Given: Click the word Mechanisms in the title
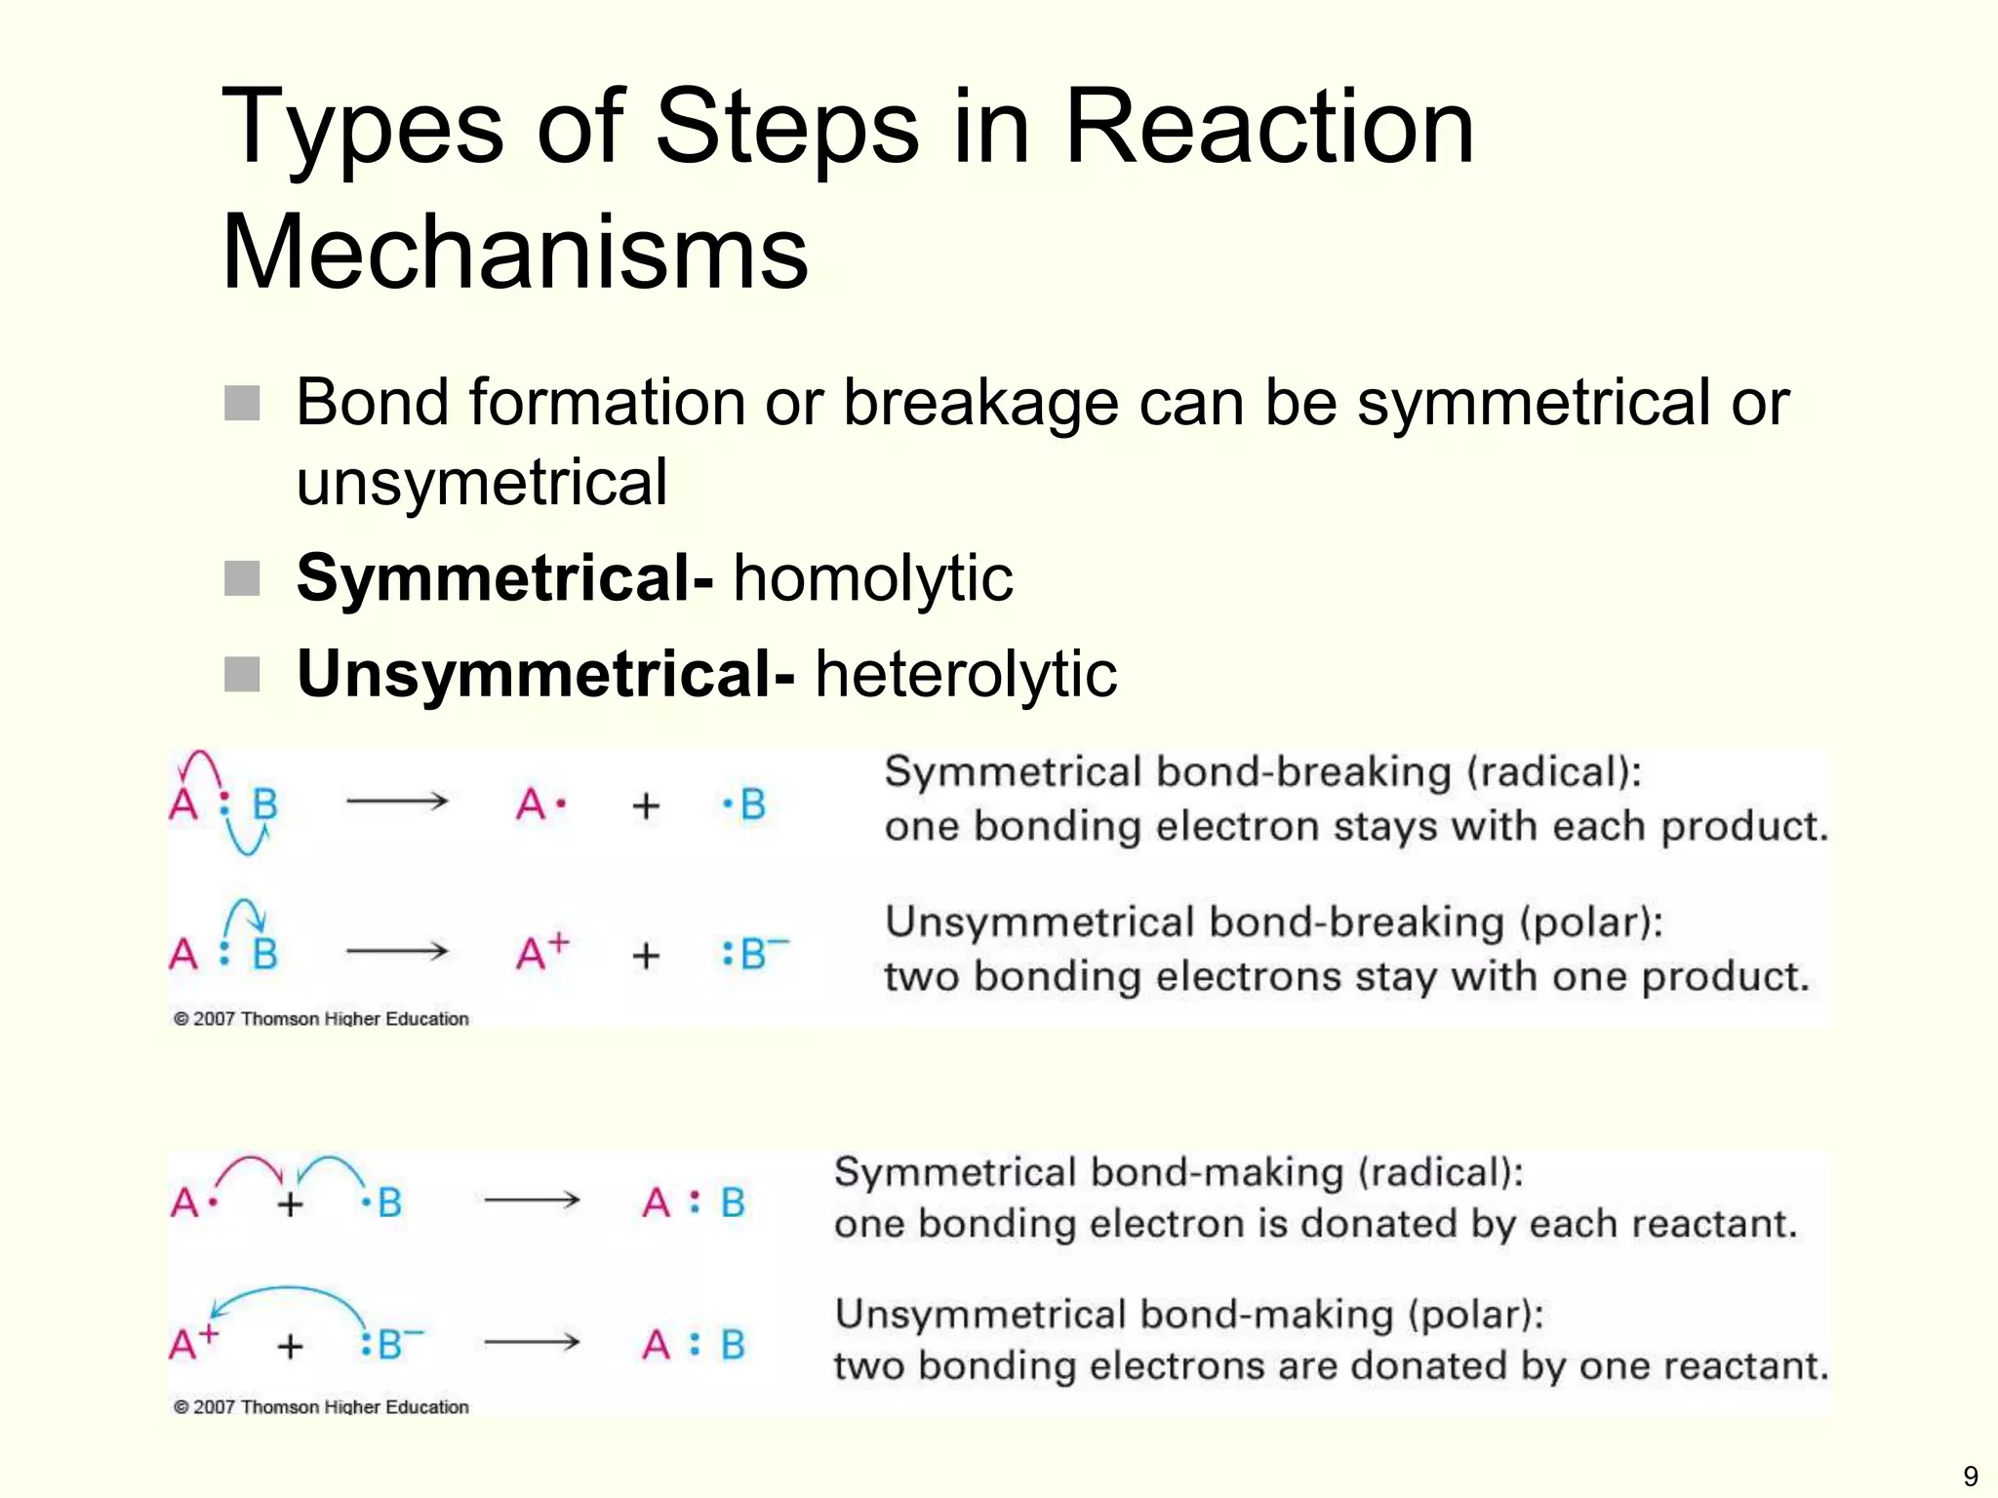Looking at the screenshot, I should [515, 252].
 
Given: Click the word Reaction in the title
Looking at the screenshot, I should [1268, 127].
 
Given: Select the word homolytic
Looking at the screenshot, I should [873, 577].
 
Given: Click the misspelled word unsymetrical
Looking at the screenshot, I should [482, 482].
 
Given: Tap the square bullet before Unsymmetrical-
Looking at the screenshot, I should [242, 674].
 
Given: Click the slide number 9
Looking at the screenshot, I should [1970, 1476].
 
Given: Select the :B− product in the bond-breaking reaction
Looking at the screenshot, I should [754, 953].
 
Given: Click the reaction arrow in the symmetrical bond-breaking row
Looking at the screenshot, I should [397, 802].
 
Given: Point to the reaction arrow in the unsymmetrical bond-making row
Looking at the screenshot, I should [532, 1343].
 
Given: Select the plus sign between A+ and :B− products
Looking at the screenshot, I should [646, 955].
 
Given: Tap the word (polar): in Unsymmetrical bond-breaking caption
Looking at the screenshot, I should [1590, 922].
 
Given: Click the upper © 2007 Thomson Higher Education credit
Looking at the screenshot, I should [321, 1019].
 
